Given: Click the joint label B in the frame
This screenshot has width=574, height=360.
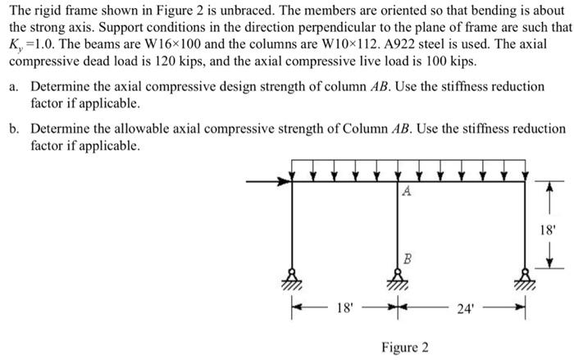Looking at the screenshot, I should click(407, 257).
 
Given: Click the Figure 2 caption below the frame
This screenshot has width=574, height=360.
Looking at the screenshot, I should click(404, 347).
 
